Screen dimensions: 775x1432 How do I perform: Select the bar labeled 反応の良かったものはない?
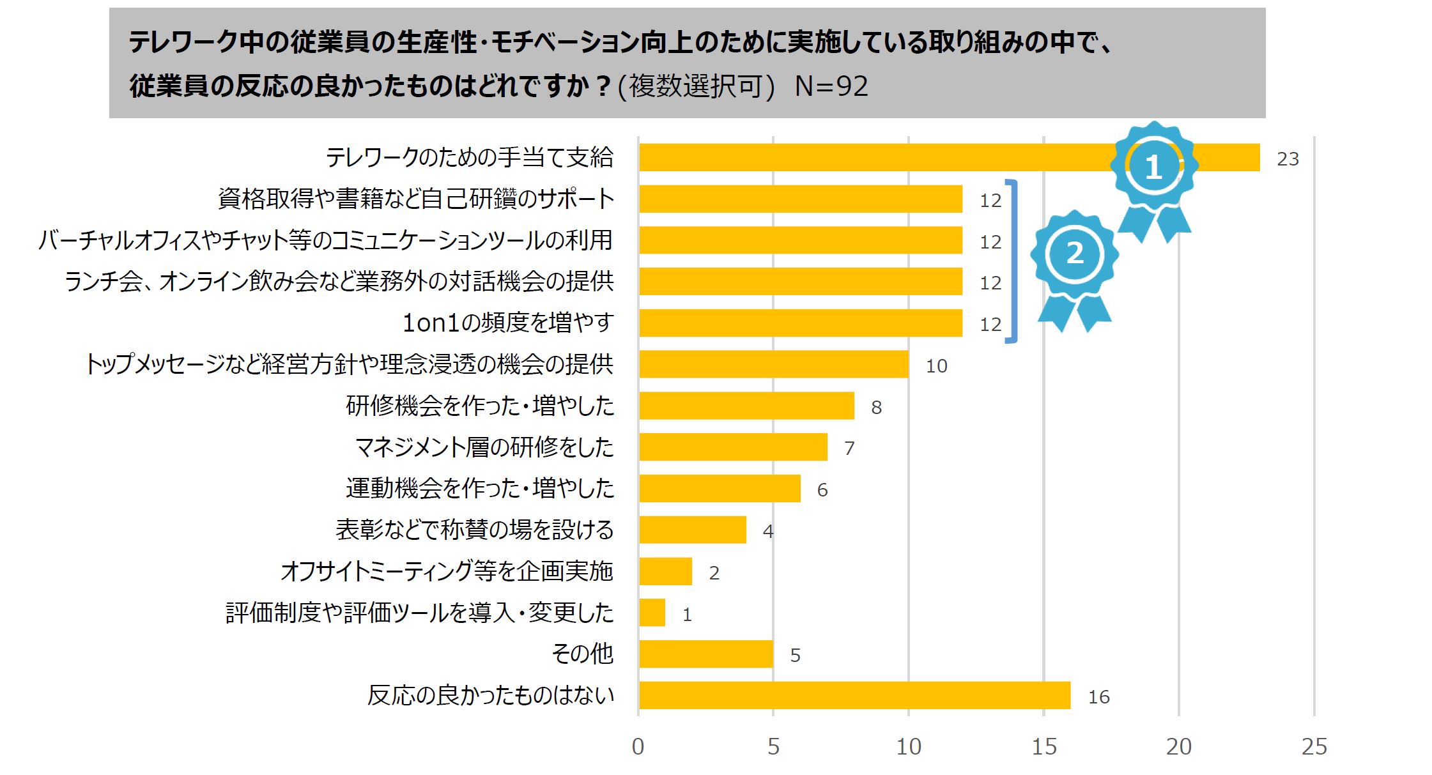point(854,695)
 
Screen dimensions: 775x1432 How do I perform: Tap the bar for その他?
point(705,654)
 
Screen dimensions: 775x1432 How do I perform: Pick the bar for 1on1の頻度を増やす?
point(800,323)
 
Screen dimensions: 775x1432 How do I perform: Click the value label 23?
point(1288,159)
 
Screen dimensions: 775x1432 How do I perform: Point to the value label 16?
point(1098,697)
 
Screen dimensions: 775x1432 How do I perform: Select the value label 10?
point(936,366)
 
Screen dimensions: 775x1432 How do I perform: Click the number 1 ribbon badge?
point(1153,169)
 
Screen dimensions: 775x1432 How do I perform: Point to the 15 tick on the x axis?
point(1044,746)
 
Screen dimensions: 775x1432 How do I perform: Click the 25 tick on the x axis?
point(1314,746)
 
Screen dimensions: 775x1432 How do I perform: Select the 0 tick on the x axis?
point(638,746)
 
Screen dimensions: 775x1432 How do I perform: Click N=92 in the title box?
point(831,86)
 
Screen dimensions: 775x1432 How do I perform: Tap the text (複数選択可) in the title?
point(696,86)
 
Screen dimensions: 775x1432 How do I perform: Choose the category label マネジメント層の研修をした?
point(484,447)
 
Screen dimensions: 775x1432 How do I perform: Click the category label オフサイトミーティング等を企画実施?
point(447,571)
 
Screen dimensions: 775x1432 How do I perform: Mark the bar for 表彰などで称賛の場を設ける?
point(692,530)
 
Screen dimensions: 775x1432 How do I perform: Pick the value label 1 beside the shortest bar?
point(687,615)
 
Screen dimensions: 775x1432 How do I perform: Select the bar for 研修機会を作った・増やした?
point(746,406)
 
